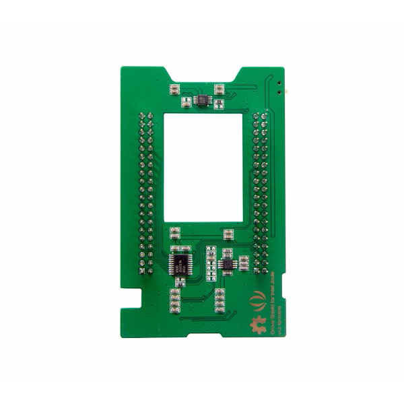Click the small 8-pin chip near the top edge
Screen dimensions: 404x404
pos(202,100)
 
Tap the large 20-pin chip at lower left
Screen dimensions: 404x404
pos(180,262)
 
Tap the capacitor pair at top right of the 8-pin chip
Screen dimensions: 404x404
pos(219,88)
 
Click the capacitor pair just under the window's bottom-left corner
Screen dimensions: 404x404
pos(175,234)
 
